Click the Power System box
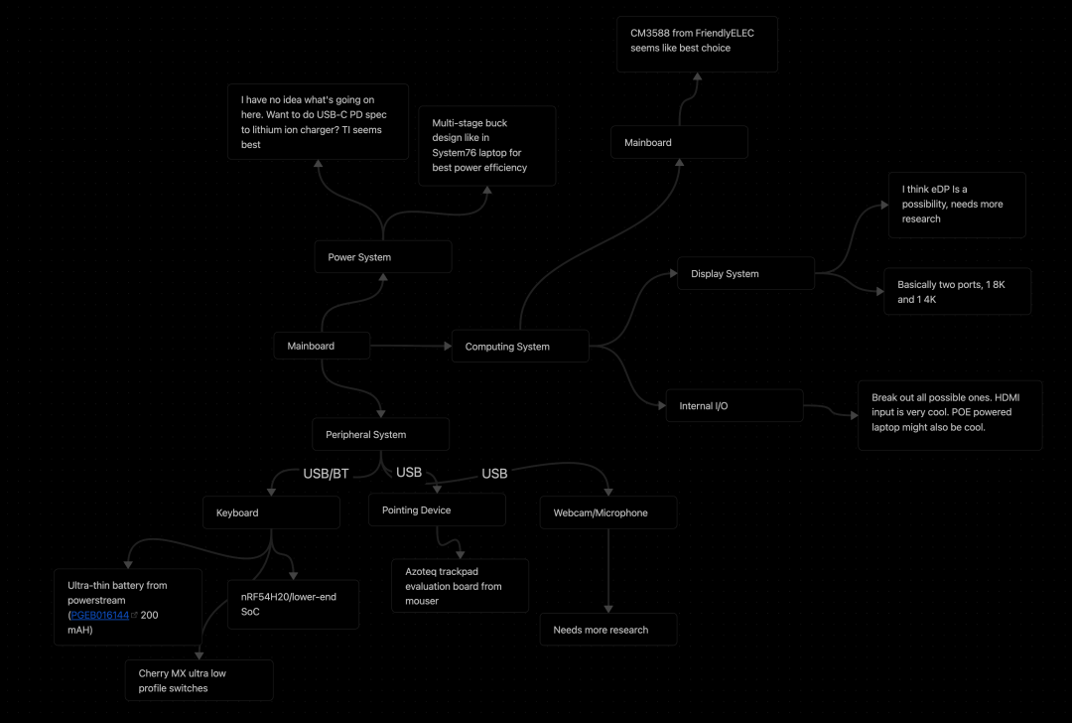click(x=383, y=257)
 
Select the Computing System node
click(x=520, y=347)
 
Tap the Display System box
click(x=745, y=273)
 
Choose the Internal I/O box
click(x=735, y=405)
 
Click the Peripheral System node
click(x=381, y=434)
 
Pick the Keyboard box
click(x=271, y=512)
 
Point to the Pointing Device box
click(x=437, y=509)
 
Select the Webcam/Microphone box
click(x=608, y=512)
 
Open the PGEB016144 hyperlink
click(x=100, y=615)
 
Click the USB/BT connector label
click(x=327, y=474)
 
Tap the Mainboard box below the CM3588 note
click(x=679, y=142)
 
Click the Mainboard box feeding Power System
click(x=322, y=346)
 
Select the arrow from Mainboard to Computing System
click(x=411, y=347)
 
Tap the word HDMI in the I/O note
click(x=1007, y=397)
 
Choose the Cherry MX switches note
click(x=199, y=680)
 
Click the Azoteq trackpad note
click(x=461, y=586)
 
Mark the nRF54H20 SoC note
click(x=293, y=604)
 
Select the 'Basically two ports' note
click(x=957, y=291)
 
